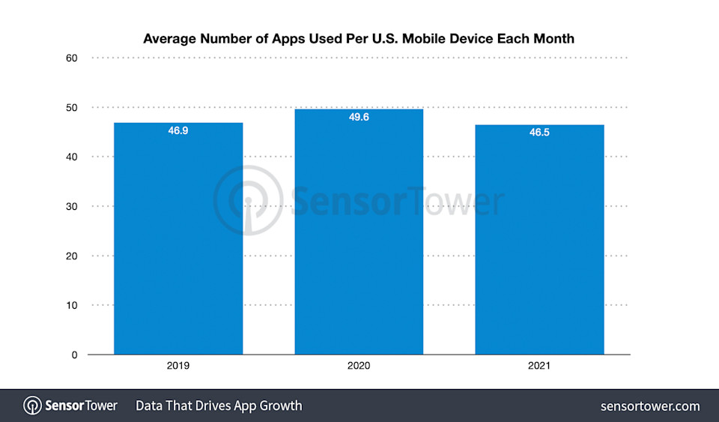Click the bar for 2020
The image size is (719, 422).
coord(359,232)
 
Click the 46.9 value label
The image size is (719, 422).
coord(178,131)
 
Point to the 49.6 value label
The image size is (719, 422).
coord(359,118)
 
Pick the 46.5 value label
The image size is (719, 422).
coord(539,133)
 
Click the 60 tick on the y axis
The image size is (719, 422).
coord(71,58)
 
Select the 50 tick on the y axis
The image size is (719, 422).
coord(71,107)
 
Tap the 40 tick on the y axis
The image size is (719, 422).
coord(71,157)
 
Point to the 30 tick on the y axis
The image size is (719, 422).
coord(71,206)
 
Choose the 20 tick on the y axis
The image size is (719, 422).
coord(71,256)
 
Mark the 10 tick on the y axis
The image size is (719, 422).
coord(71,305)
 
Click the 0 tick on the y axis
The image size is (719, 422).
coord(74,355)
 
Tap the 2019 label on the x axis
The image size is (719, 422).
coord(178,367)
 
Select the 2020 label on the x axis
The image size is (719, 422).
coord(359,367)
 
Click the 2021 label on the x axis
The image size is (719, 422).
coord(539,367)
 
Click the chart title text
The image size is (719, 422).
coord(359,38)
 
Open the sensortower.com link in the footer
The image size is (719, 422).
coord(650,406)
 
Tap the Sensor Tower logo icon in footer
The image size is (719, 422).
coord(32,406)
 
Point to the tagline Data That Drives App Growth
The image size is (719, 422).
coord(219,406)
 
